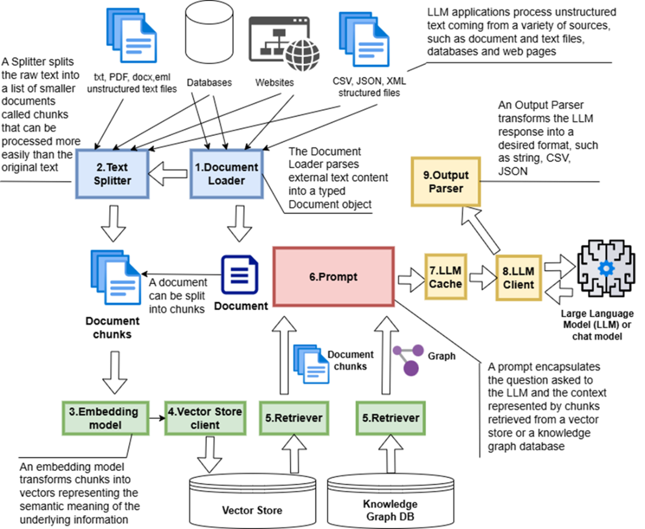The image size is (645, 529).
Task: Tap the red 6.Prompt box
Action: pos(334,276)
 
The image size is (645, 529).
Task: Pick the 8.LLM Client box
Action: pos(518,277)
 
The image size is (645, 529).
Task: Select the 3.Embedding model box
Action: pos(103,417)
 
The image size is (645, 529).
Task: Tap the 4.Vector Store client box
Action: pos(203,417)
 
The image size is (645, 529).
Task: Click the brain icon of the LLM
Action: pos(606,267)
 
